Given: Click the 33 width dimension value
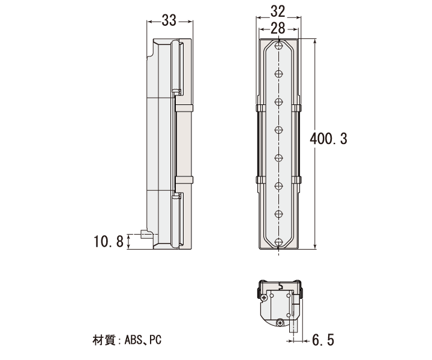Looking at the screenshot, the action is click(169, 20).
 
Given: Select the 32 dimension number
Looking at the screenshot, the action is click(278, 11).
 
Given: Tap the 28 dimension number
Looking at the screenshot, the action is click(278, 28).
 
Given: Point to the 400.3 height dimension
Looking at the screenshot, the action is click(328, 139).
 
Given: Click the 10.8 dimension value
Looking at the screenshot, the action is click(109, 241).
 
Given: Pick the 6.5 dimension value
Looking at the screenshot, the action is click(323, 340).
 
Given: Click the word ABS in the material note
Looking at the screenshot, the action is click(133, 340).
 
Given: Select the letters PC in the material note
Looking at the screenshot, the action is click(155, 340).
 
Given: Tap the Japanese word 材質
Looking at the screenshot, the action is click(104, 340).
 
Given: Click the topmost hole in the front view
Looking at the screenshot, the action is click(279, 46).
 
